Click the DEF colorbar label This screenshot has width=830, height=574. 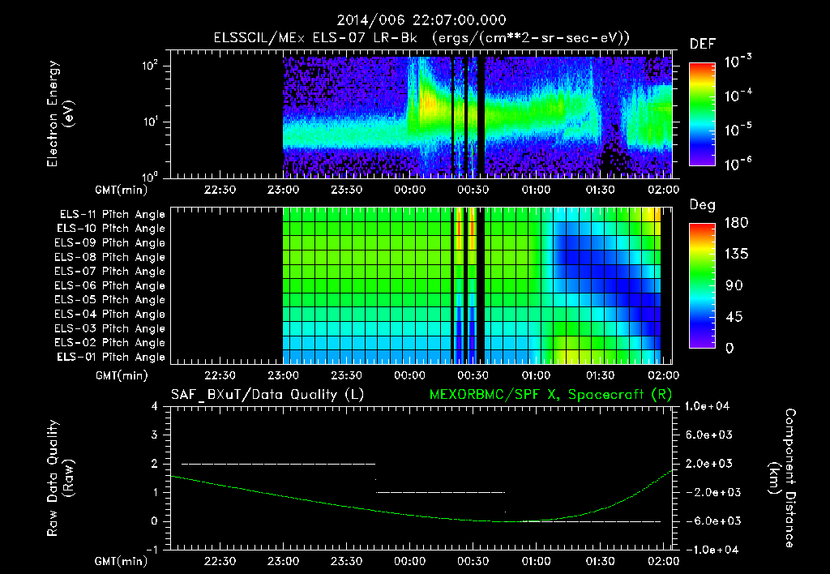701,44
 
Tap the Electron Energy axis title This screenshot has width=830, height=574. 60,116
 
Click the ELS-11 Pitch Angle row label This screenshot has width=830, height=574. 109,214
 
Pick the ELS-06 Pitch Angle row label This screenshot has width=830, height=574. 109,285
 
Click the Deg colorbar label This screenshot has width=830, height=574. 701,205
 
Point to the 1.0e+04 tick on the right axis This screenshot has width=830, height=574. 708,405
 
